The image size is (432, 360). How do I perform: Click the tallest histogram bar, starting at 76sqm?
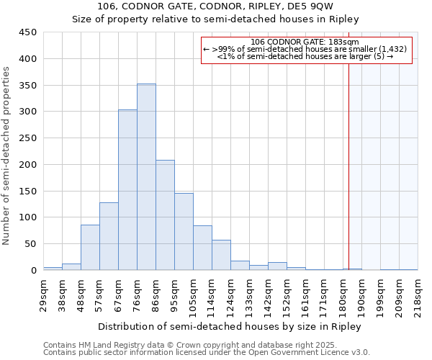click(x=146, y=177)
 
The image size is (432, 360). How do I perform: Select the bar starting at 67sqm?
click(x=127, y=190)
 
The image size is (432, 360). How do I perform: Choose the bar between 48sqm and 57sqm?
click(x=90, y=248)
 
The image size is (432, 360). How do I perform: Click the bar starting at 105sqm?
click(x=202, y=248)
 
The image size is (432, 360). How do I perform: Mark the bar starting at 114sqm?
click(x=221, y=255)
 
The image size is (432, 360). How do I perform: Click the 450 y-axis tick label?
click(x=28, y=32)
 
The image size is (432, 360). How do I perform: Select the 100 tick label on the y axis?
click(x=28, y=217)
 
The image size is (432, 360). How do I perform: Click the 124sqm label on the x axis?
click(x=235, y=294)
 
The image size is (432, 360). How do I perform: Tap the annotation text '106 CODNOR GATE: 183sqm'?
click(x=307, y=42)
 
